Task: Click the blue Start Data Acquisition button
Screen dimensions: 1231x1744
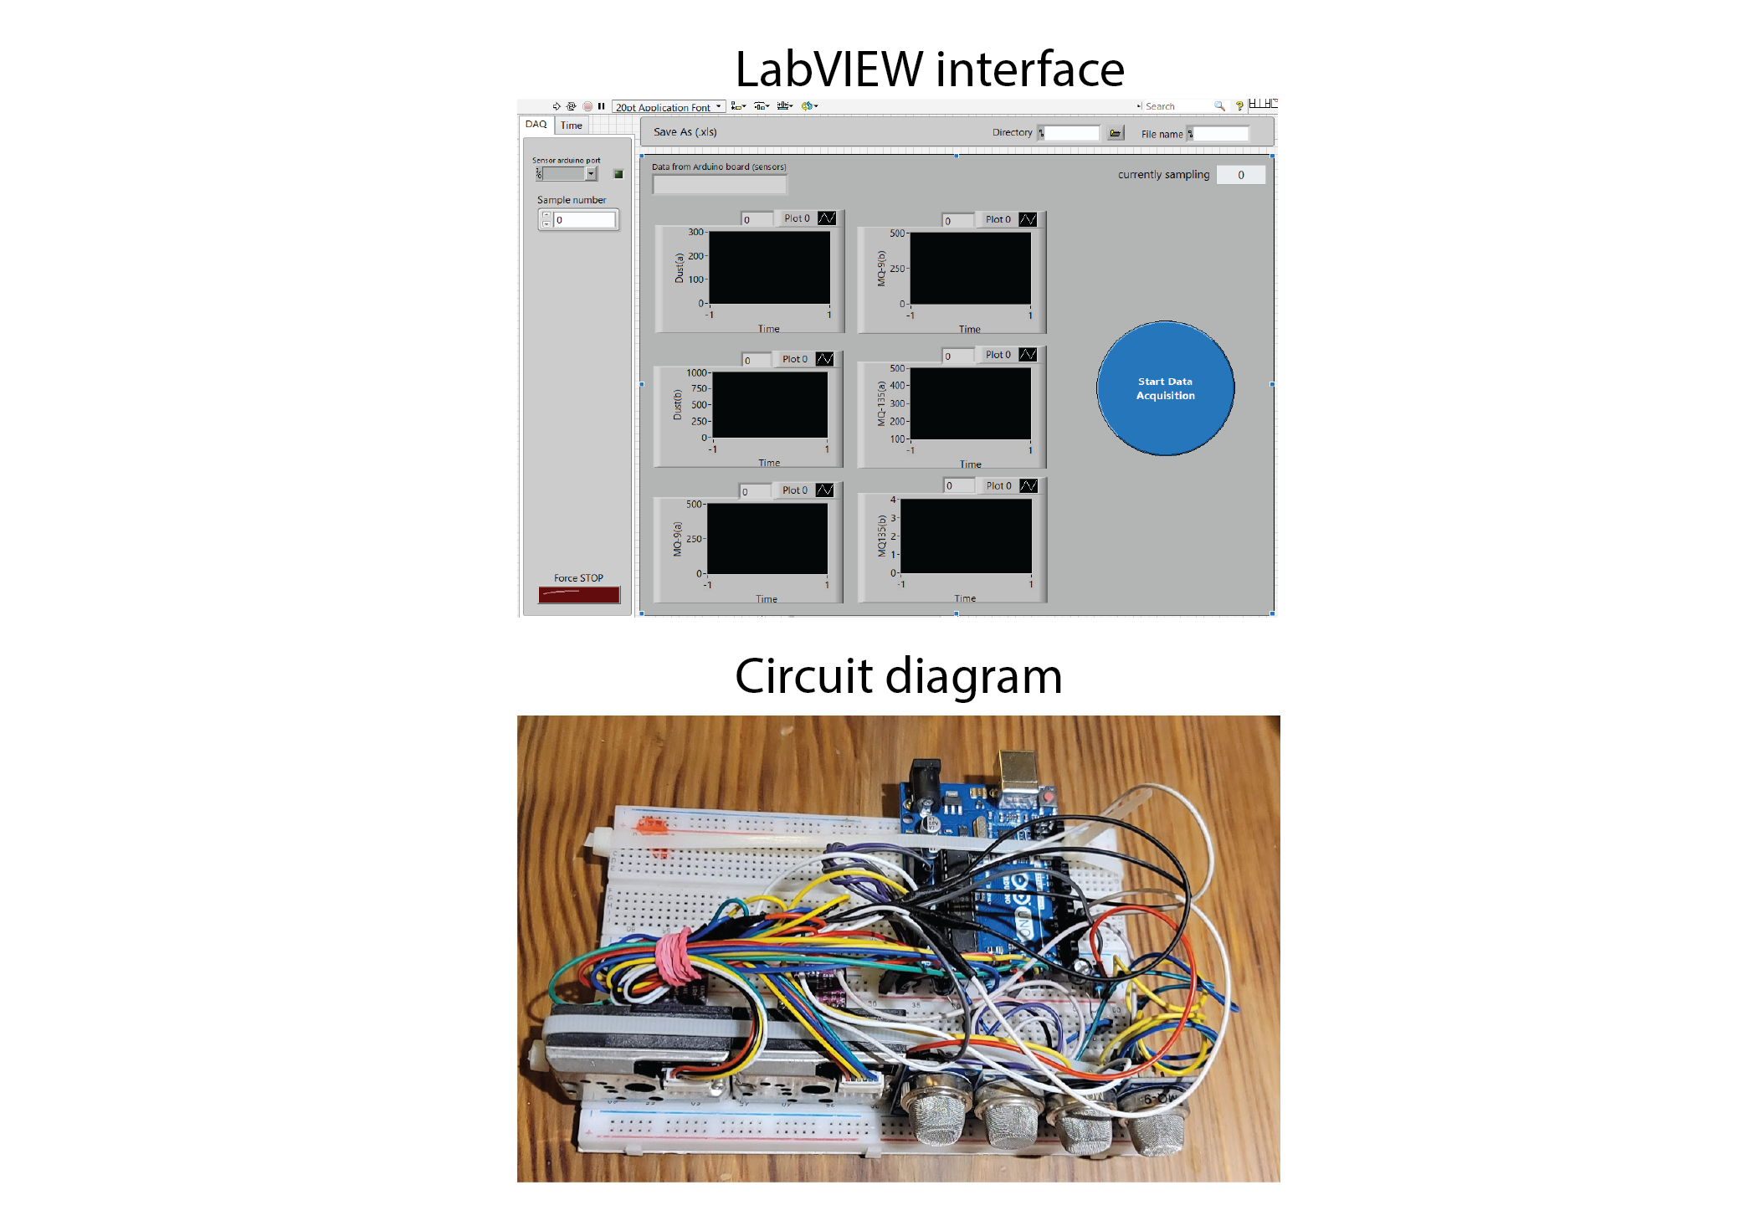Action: (1165, 388)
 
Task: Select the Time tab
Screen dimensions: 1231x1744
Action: (572, 126)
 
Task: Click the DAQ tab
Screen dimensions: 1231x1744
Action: (536, 125)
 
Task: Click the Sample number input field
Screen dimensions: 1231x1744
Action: (584, 220)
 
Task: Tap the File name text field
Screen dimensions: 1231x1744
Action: (1220, 134)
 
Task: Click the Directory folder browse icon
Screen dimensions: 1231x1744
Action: (1115, 133)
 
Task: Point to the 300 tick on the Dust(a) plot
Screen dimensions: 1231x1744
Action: (695, 232)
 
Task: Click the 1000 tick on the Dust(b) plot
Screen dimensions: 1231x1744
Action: (696, 373)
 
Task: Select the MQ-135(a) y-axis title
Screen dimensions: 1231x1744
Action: (881, 403)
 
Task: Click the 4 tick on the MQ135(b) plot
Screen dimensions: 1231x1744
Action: (893, 500)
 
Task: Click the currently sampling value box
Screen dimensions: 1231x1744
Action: (1240, 175)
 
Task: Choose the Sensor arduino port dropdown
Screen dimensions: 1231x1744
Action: (591, 174)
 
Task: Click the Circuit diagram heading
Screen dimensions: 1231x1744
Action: (898, 676)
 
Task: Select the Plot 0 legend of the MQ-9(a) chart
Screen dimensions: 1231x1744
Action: (795, 490)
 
